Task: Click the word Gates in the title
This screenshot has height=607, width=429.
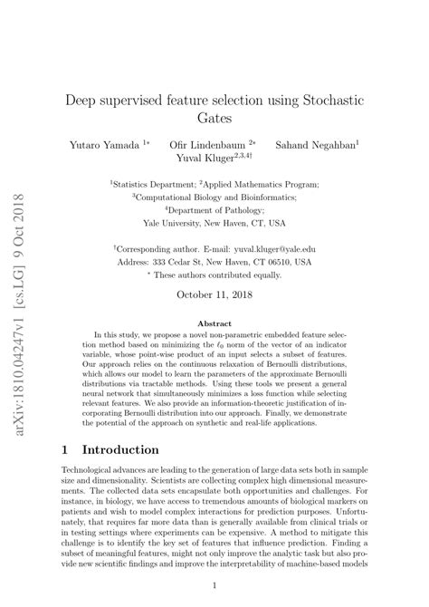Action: point(214,118)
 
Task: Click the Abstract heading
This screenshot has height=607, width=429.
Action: point(214,323)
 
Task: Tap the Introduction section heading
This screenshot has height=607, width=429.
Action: point(121,449)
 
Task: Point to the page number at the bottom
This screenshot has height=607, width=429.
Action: point(214,585)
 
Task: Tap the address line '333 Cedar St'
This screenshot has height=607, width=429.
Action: point(214,260)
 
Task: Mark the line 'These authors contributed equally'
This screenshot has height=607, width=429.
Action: point(215,274)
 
